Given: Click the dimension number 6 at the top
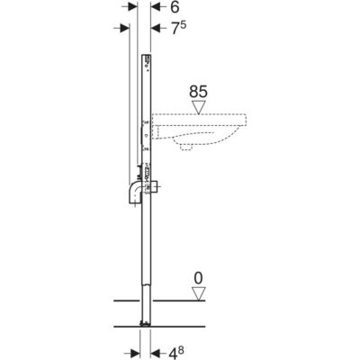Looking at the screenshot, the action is point(175,7).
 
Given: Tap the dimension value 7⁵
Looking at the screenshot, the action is point(179,28).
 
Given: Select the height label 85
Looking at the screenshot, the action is point(198,92).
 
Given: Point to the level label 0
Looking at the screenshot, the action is point(198,279).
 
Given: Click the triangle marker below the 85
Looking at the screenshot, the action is point(198,108).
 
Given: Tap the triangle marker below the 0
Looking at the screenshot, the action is point(198,293).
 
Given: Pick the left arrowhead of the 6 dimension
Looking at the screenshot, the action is point(133,7).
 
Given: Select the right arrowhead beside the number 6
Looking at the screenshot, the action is point(155,7).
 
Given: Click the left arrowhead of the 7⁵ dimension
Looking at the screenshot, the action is point(125,28).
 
